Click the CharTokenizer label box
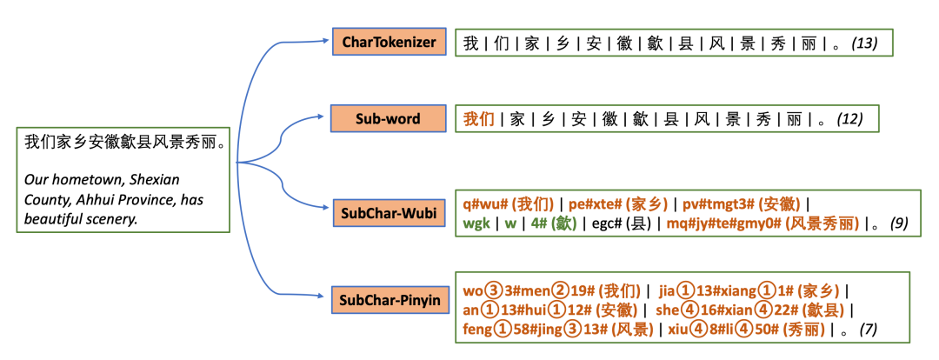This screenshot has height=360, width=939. pyautogui.click(x=389, y=42)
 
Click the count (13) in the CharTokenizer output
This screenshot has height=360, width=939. pyautogui.click(x=868, y=43)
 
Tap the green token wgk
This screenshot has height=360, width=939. pyautogui.click(x=476, y=223)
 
